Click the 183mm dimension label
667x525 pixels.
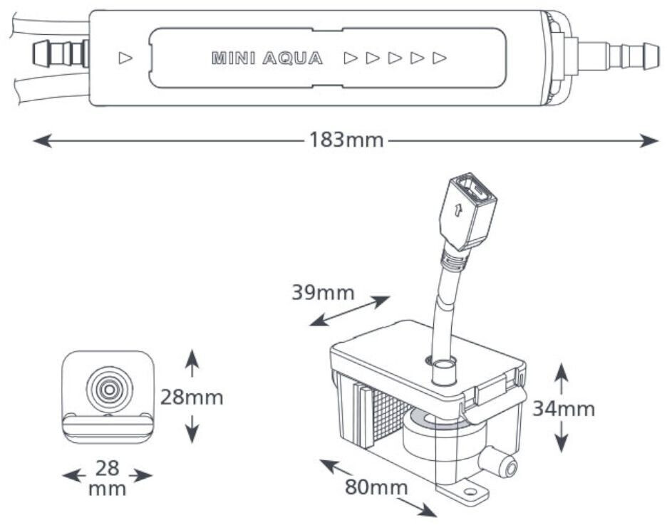click(346, 140)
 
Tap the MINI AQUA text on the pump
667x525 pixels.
click(267, 58)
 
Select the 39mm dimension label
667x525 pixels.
click(323, 293)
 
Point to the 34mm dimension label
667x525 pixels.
click(564, 409)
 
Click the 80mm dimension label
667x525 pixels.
click(376, 487)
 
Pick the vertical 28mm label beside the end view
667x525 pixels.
click(192, 397)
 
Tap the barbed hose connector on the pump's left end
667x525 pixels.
click(61, 54)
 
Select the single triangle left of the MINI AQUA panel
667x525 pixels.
click(125, 58)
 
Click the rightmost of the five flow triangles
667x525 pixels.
click(440, 58)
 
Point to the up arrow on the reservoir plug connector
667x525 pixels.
click(457, 210)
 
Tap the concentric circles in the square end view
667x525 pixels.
click(109, 389)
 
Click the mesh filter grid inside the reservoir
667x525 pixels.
click(390, 415)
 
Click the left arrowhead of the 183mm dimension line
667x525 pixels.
click(42, 140)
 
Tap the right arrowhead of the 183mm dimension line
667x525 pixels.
click(649, 140)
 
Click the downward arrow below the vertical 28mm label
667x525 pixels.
click(192, 429)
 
